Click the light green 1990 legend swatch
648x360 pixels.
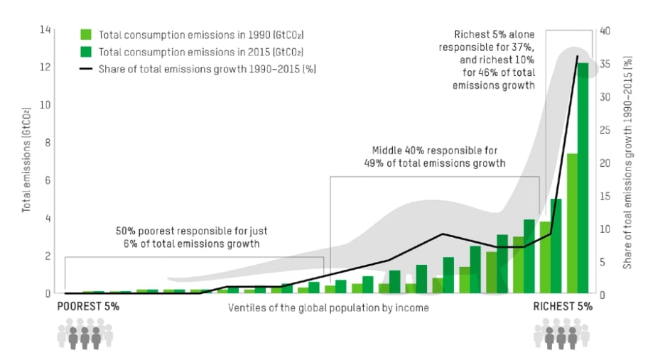86,34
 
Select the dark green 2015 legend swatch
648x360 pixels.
86,51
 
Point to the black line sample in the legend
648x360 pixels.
86,69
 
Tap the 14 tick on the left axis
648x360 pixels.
46,30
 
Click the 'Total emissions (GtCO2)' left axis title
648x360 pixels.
26,161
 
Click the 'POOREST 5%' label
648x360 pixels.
88,307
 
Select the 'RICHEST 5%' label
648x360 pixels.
563,307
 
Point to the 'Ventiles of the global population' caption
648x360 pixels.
328,308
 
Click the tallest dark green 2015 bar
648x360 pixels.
583,178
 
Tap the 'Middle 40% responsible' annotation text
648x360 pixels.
434,156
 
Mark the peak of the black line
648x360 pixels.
578,55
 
